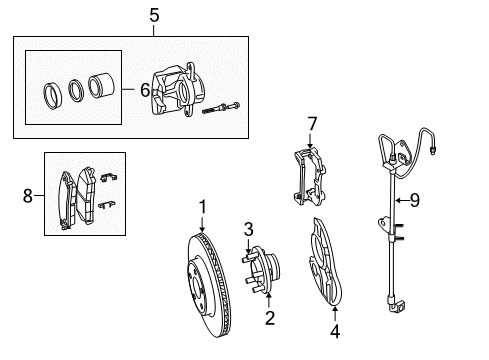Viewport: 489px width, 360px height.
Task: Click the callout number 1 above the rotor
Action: click(x=201, y=206)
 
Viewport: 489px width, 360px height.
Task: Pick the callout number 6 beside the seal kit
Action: click(x=144, y=90)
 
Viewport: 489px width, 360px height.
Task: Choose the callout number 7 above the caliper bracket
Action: click(x=311, y=123)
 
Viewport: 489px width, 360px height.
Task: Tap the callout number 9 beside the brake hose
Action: click(x=413, y=200)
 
